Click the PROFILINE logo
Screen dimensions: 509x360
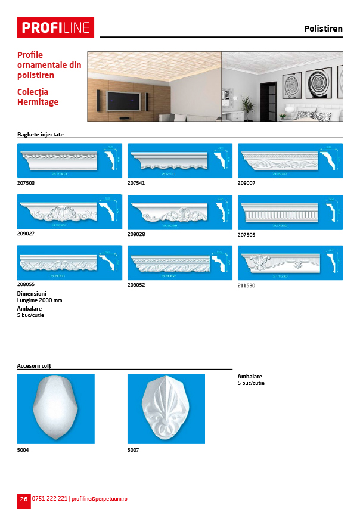pos(55,27)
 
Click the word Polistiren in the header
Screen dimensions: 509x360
pos(323,29)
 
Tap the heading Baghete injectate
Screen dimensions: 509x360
pos(41,135)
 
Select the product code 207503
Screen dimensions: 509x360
pos(26,183)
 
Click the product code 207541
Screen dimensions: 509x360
pos(136,183)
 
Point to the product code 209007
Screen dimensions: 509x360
pos(246,183)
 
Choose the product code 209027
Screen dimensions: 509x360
pos(26,234)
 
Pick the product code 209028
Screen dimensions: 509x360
pos(136,234)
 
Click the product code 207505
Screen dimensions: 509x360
pos(246,234)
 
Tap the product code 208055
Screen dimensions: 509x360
pos(26,285)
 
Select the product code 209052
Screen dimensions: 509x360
pos(136,285)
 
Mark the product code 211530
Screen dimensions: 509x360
pos(246,285)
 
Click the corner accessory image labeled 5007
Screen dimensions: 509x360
pos(166,409)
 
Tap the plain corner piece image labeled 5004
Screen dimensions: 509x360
pos(55,409)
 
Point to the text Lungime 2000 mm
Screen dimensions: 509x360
pos(40,300)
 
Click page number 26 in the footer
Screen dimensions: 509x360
pos(23,499)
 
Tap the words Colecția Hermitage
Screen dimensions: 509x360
pos(38,97)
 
